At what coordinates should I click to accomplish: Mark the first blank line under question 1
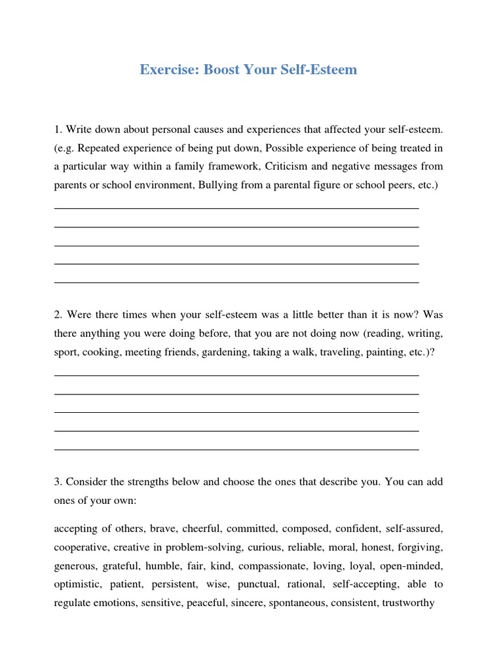click(x=236, y=208)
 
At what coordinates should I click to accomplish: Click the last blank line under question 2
click(x=236, y=450)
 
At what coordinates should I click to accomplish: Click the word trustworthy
click(x=408, y=602)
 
